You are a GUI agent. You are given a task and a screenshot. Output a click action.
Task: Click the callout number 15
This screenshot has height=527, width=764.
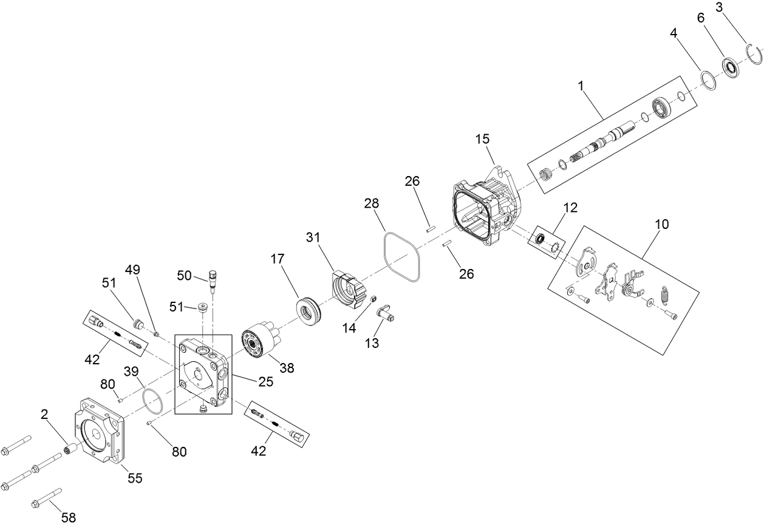(482, 139)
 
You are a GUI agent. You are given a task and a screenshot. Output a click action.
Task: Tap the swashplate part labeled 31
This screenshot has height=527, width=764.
(348, 291)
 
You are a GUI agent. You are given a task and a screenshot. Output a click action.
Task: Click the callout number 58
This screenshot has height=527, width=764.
(69, 517)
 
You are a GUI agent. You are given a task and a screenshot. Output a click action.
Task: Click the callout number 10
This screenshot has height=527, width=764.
(661, 224)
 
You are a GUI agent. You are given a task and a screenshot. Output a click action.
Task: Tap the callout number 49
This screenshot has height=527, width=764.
(133, 270)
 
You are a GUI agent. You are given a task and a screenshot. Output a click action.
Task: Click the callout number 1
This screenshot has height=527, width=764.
(581, 86)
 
